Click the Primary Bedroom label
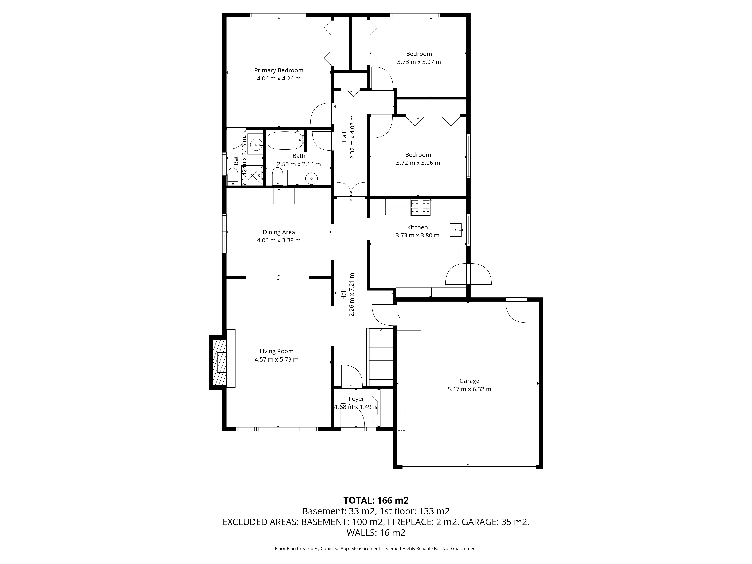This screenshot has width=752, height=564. (x=279, y=70)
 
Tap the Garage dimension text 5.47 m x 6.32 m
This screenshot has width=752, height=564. (x=469, y=389)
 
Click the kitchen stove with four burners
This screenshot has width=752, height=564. (x=421, y=208)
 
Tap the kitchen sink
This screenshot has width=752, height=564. (x=456, y=230)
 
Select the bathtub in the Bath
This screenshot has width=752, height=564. (x=285, y=141)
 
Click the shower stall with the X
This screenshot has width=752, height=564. (x=252, y=175)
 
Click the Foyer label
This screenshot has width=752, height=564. (x=356, y=399)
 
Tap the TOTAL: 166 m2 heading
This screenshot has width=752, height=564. (x=376, y=500)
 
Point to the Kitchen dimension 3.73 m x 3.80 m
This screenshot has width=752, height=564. (x=418, y=235)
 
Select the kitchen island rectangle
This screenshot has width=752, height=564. (x=390, y=256)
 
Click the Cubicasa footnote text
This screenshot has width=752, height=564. (x=376, y=548)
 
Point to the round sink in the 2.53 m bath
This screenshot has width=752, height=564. (x=311, y=178)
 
